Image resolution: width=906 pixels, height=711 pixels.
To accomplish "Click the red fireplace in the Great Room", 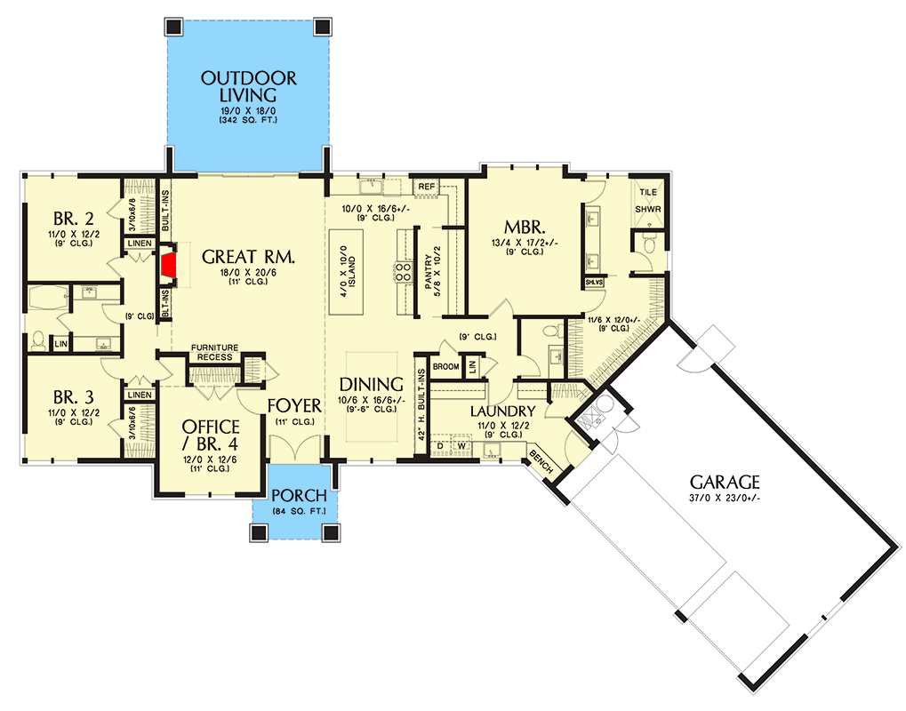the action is coord(169,265).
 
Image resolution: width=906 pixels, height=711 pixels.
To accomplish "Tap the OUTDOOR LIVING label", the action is coord(248,86).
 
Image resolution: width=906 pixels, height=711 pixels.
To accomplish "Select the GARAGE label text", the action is coord(725,482).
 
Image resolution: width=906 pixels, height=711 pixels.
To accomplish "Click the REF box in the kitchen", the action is coord(427,187).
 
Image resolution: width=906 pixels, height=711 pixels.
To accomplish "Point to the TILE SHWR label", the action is coord(648,201).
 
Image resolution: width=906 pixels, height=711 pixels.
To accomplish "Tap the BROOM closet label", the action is coord(445,367).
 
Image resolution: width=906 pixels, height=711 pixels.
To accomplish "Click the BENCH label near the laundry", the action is coord(541,462).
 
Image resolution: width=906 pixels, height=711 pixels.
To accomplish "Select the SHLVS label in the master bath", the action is coord(593,283).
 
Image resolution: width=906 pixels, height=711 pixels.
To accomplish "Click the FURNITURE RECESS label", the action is coord(214,352).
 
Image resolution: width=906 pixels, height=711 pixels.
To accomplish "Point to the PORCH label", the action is coord(299,495).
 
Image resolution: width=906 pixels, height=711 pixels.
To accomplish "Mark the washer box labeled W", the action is coord(461,446).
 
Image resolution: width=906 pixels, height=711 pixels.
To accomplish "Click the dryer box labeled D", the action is coord(440,446).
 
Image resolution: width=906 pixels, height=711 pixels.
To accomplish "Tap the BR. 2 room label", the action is coord(74,219).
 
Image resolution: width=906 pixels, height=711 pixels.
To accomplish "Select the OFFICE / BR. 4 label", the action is coord(211,435).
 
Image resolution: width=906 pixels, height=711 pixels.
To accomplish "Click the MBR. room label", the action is coord(525,227).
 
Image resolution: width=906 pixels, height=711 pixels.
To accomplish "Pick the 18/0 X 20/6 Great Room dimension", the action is coord(248,273).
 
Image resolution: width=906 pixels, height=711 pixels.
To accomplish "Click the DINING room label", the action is coord(371,384).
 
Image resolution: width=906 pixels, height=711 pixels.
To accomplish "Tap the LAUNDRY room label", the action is coord(502,411).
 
